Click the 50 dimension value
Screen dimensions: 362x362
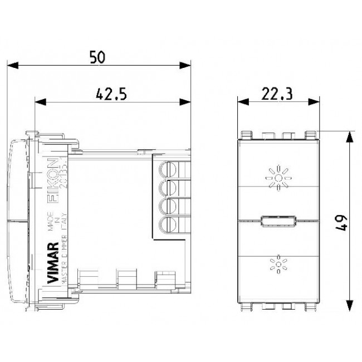coord(97,57)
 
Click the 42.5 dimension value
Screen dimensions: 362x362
coord(110,94)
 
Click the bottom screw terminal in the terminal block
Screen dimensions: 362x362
coord(165,225)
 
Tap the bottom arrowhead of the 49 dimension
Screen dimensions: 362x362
coord(349,309)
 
